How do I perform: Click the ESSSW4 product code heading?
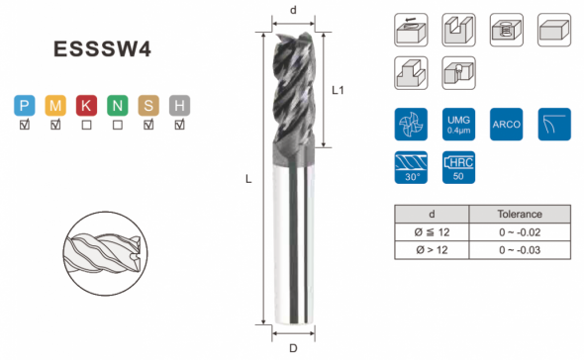click(x=102, y=48)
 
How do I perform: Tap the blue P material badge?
click(x=25, y=106)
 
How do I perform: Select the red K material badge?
click(x=86, y=106)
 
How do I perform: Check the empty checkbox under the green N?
click(x=118, y=125)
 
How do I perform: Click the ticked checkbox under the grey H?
click(x=179, y=125)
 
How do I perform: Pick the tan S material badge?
click(x=148, y=106)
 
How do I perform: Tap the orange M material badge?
click(x=55, y=106)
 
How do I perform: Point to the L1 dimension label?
click(x=338, y=90)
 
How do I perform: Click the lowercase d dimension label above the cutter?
click(x=294, y=11)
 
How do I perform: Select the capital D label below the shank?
click(x=294, y=348)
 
